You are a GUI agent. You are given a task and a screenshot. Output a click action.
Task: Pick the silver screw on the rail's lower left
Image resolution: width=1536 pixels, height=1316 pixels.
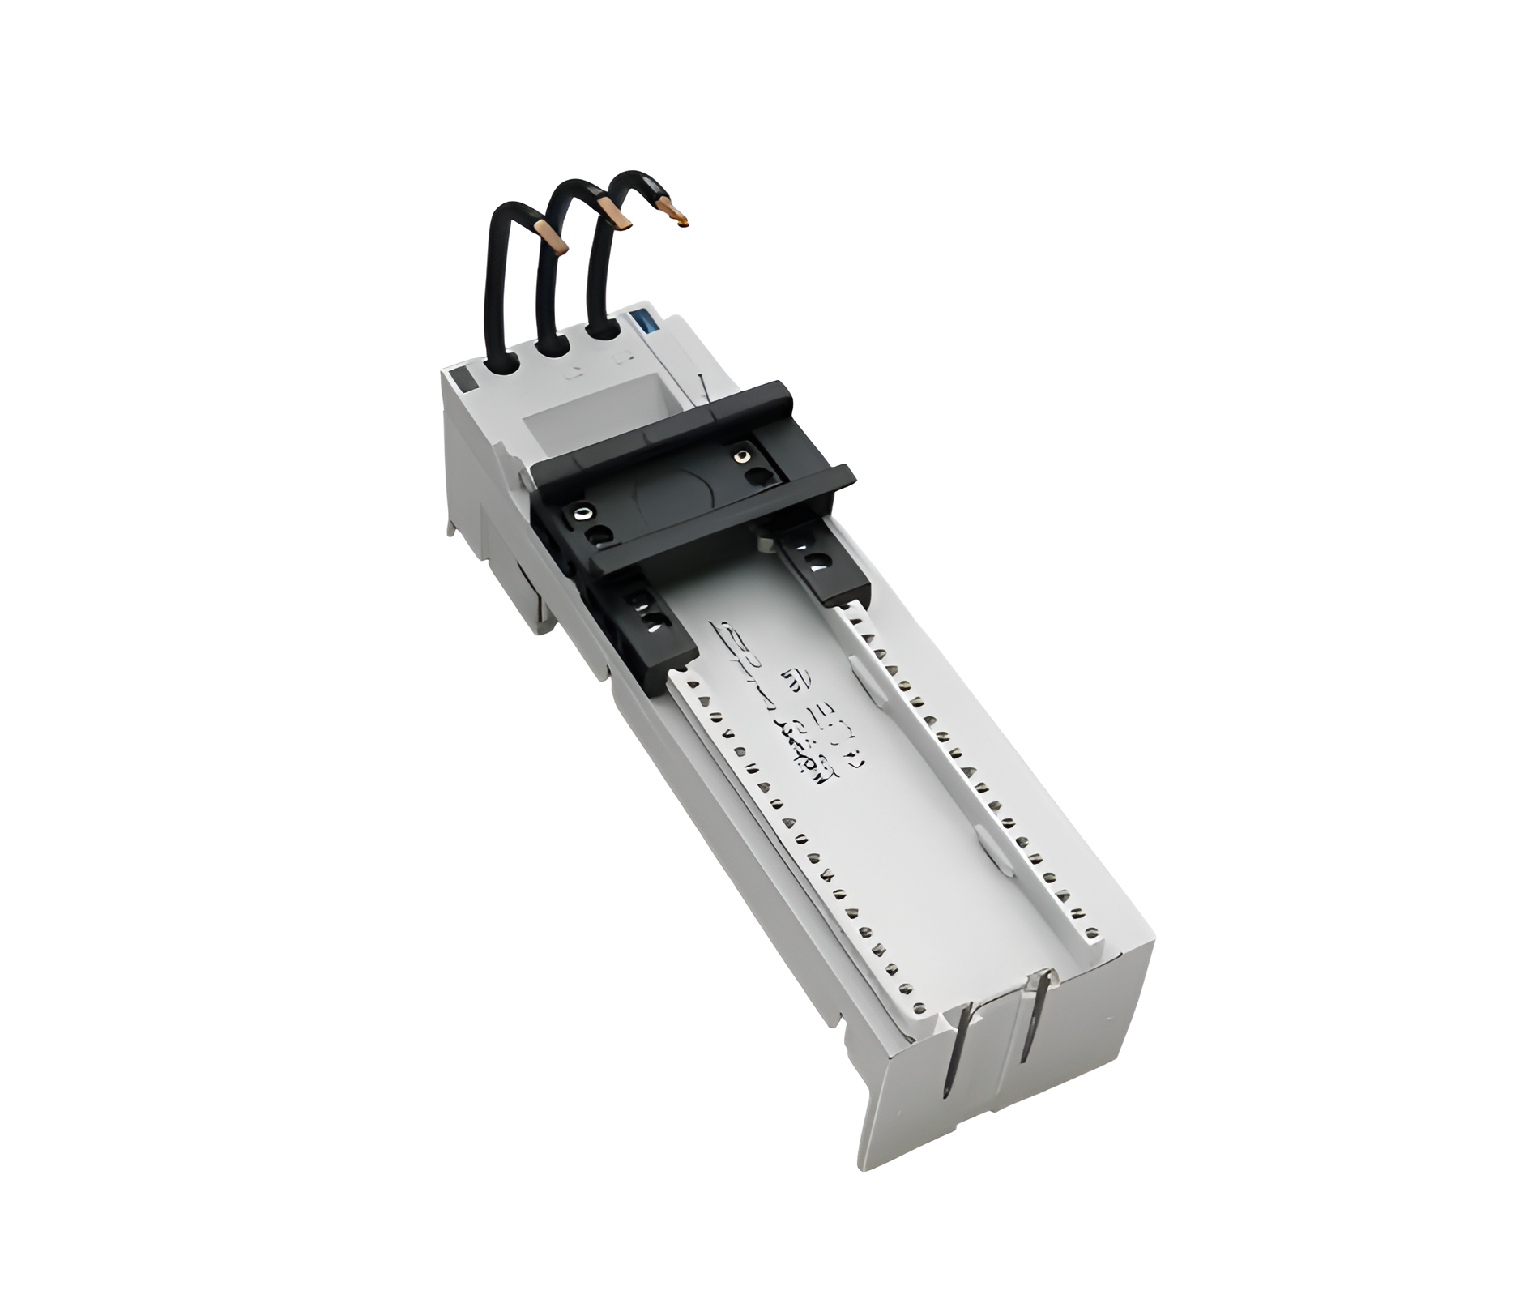[580, 513]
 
